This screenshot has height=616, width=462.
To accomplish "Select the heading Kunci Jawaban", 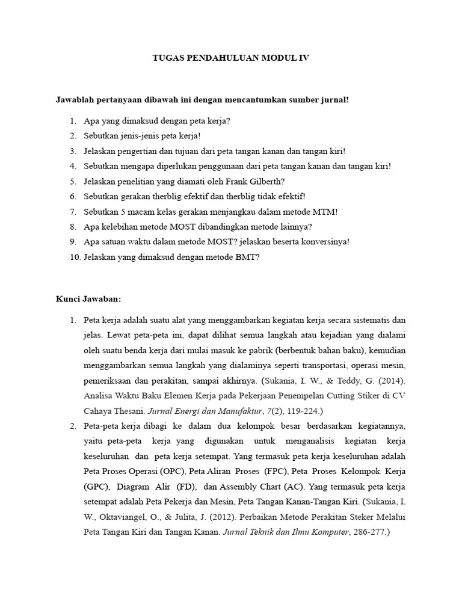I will (x=89, y=298).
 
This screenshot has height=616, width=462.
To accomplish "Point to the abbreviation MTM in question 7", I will (x=325, y=211).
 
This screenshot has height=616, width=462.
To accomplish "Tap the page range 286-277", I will (x=369, y=532).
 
